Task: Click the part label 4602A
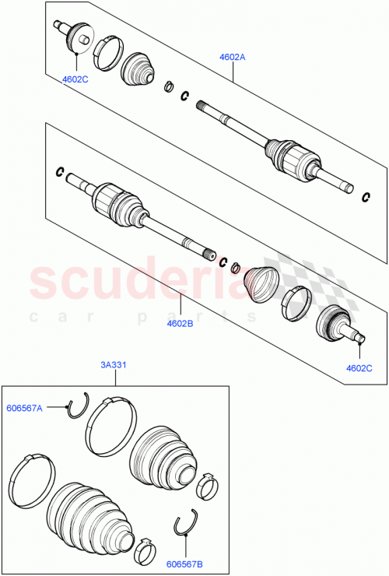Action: point(233,57)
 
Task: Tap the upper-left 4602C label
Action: point(76,79)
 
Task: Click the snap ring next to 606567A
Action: point(78,407)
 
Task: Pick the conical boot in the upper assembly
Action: point(140,69)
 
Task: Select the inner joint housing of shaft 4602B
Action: point(117,204)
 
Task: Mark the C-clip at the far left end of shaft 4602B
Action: point(59,171)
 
